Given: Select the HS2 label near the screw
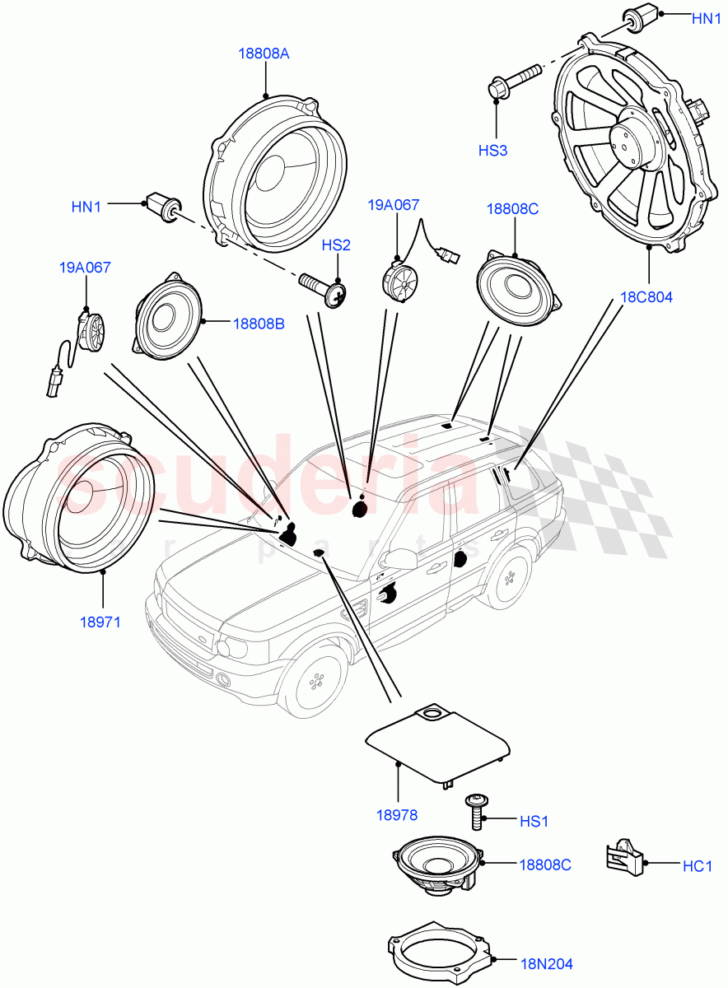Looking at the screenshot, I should point(336,245).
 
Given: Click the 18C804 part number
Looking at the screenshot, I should point(647,297).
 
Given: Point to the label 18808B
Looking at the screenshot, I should point(258,324).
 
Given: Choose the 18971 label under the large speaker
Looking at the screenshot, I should point(100,622).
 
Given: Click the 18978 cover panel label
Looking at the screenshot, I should point(397,815).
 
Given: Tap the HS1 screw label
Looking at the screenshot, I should point(534,821).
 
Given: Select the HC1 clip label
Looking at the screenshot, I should point(697,865).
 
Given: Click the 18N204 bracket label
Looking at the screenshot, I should point(546,963).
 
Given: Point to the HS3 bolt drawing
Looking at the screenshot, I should point(513,80).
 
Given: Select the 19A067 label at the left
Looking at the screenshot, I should point(84,268).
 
